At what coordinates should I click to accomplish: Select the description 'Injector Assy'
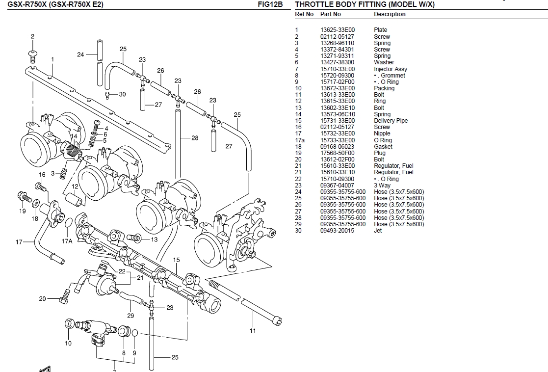(390, 69)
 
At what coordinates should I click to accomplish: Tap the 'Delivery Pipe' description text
(391, 121)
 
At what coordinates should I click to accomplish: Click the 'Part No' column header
(330, 14)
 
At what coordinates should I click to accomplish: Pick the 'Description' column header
(390, 14)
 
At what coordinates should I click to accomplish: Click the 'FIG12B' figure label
(270, 5)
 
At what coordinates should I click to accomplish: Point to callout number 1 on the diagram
(52, 59)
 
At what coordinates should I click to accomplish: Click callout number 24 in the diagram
(80, 54)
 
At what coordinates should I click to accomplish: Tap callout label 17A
(67, 241)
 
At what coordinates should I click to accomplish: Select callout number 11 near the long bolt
(253, 331)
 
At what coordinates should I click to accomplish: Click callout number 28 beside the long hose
(195, 138)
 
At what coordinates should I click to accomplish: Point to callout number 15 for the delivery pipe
(177, 260)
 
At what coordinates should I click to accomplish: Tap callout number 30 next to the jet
(122, 94)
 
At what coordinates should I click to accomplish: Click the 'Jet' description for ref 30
(378, 231)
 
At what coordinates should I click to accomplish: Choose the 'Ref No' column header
(304, 14)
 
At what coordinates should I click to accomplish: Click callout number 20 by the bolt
(43, 298)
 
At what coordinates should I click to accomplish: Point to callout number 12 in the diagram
(75, 186)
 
